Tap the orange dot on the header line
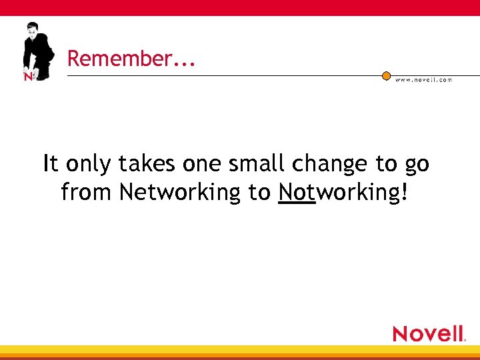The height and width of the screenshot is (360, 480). click(x=386, y=76)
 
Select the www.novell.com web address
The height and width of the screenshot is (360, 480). click(x=423, y=80)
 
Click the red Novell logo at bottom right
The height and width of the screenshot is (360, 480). click(x=428, y=333)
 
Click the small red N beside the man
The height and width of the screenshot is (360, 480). click(x=28, y=77)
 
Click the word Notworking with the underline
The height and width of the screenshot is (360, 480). click(x=339, y=193)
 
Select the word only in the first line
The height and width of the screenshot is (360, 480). click(x=89, y=165)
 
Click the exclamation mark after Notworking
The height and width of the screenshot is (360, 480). click(x=403, y=193)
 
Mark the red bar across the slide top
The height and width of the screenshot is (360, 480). click(x=240, y=7)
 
